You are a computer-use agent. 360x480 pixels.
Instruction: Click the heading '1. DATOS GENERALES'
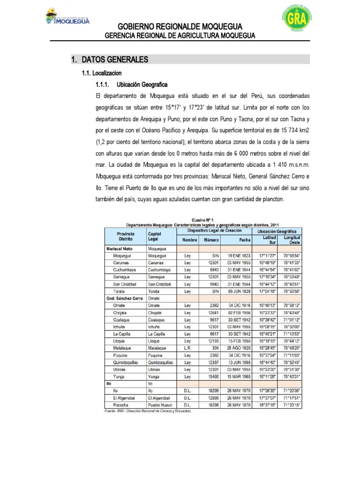tap(110, 60)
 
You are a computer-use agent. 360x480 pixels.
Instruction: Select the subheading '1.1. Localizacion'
tap(102, 73)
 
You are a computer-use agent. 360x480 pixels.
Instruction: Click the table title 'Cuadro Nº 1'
tap(202, 219)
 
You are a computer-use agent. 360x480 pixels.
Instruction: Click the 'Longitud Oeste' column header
tap(292, 240)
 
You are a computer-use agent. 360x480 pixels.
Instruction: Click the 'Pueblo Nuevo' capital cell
tap(160, 405)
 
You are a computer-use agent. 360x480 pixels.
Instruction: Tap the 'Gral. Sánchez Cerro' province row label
tap(124, 298)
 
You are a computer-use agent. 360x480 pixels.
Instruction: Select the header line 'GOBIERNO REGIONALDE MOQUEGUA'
tap(180, 26)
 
